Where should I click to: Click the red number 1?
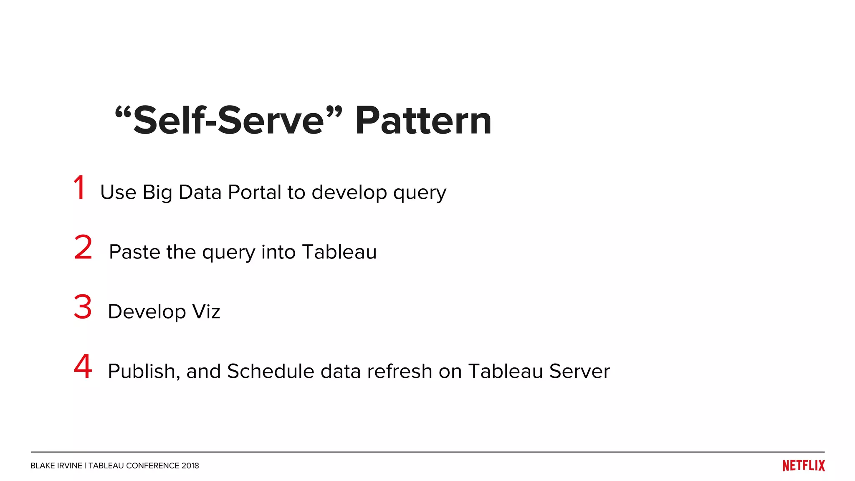click(79, 187)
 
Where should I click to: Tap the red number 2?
click(83, 247)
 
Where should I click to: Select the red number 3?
click(83, 307)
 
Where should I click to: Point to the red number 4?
click(83, 366)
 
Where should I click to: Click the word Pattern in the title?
click(423, 121)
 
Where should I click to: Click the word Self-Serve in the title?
click(228, 121)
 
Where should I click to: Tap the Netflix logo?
click(803, 466)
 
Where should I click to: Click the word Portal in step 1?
click(254, 192)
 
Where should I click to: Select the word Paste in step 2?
click(134, 252)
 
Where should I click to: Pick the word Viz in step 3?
click(206, 312)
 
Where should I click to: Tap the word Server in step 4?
click(579, 371)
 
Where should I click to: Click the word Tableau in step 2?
click(339, 252)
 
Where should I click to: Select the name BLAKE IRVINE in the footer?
click(56, 466)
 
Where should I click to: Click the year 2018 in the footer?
click(190, 466)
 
